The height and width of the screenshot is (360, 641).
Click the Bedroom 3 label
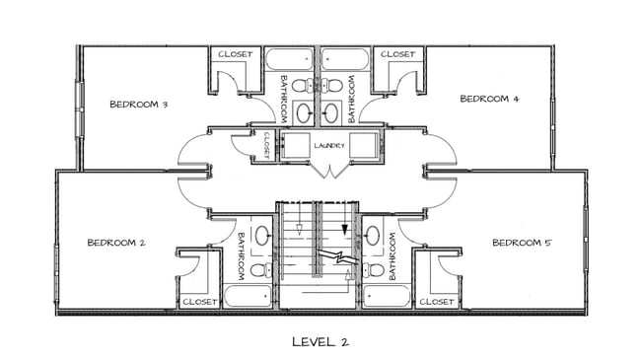coord(139,105)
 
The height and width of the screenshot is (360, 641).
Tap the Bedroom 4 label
coord(490,99)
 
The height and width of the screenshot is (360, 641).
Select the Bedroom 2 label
coord(116,243)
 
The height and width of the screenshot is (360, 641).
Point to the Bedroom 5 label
coord(522,243)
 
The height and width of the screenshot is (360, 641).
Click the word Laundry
coord(329,145)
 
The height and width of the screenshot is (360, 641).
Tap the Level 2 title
coord(320,342)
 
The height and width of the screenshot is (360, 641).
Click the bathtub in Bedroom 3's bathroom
coord(289,59)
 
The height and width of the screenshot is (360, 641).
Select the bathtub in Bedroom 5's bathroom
coord(387,296)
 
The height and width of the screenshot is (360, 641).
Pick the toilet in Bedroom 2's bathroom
coord(260,270)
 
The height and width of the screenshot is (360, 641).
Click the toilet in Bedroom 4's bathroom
coord(332,86)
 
